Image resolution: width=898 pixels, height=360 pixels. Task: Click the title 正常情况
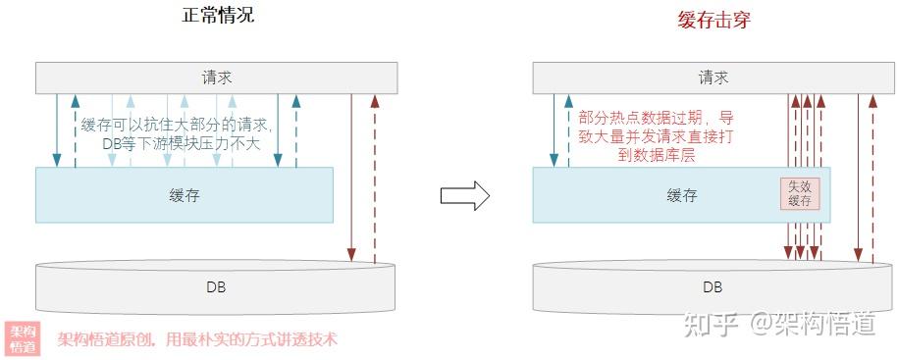click(x=218, y=16)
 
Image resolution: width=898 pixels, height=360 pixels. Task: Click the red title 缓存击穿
click(x=713, y=18)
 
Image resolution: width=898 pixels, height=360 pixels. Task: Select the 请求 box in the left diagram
click(x=217, y=77)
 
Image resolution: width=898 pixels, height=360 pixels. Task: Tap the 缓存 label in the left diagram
click(x=184, y=194)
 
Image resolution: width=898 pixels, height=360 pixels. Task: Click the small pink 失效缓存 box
click(x=799, y=193)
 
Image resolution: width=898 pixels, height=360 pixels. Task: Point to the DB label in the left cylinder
click(x=216, y=287)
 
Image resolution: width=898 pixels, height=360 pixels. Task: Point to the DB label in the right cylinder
click(x=713, y=287)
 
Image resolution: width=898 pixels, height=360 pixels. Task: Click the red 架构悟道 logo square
click(x=23, y=338)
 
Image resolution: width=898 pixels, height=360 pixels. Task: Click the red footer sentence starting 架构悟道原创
click(x=197, y=339)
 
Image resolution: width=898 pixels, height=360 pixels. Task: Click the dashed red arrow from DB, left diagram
click(x=374, y=177)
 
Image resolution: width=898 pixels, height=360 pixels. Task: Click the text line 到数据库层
click(x=656, y=154)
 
